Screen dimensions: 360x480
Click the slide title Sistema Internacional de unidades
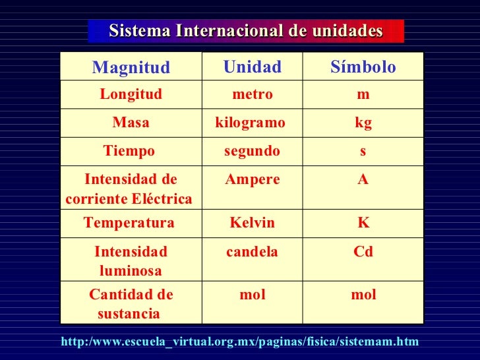tap(245, 31)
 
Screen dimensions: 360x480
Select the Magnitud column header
tap(131, 67)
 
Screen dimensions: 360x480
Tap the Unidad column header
tap(253, 67)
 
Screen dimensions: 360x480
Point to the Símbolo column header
tap(363, 67)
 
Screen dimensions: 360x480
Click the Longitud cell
tap(131, 94)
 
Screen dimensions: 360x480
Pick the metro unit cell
tap(253, 94)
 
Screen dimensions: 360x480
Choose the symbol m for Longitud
tap(363, 94)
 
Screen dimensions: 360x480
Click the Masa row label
tap(131, 123)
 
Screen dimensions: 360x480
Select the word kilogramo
tap(251, 123)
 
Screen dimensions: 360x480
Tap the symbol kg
tap(363, 123)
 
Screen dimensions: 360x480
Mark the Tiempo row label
tap(129, 151)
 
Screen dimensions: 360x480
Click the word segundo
tap(252, 151)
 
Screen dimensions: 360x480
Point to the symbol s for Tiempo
tap(363, 151)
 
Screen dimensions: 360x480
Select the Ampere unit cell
tap(253, 179)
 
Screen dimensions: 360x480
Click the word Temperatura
tap(129, 223)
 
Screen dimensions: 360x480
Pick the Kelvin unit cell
tap(253, 223)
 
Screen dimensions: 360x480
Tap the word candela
tap(253, 251)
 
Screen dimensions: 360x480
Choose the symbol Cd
tap(363, 251)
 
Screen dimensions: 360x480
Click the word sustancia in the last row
tap(129, 313)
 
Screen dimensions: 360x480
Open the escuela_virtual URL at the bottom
tap(239, 341)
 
